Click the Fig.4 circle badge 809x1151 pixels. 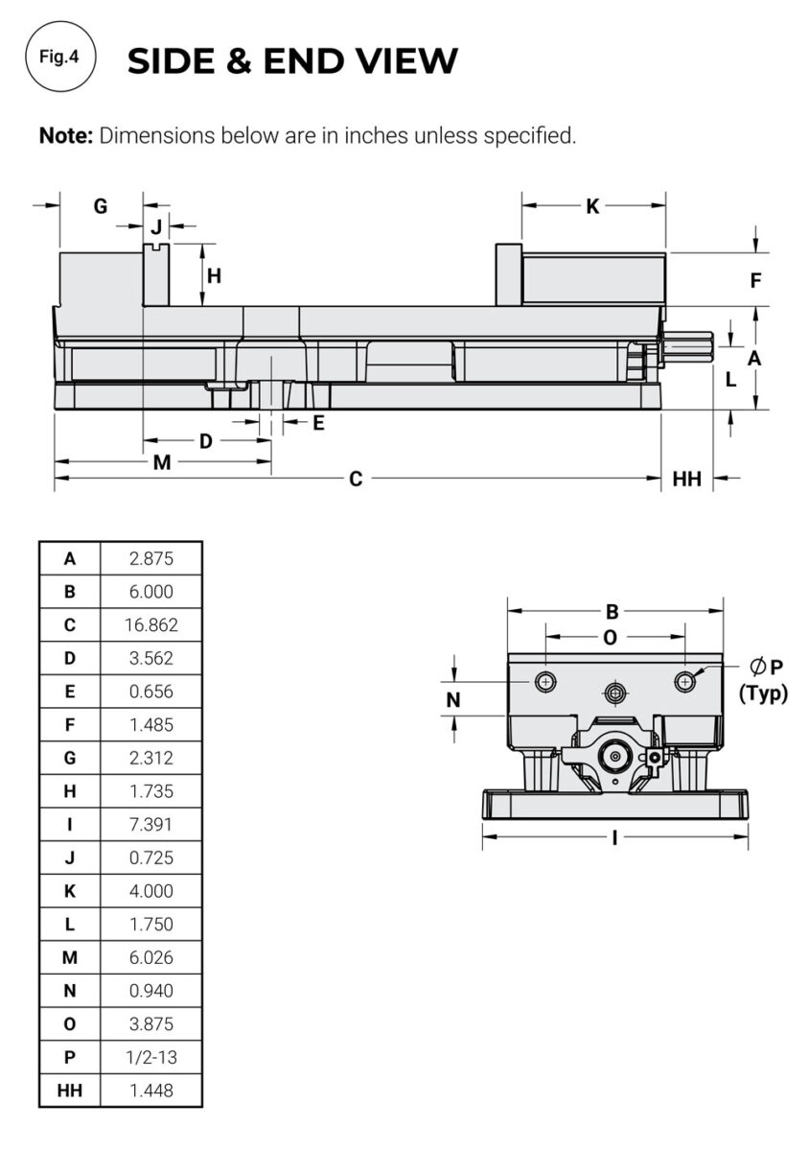click(59, 58)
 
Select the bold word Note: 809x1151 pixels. click(65, 135)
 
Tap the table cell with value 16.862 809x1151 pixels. click(150, 624)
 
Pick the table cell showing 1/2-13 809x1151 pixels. click(150, 1057)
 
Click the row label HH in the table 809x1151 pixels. click(69, 1091)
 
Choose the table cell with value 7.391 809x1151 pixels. click(150, 824)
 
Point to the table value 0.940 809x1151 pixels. click(150, 991)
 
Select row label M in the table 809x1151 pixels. click(69, 957)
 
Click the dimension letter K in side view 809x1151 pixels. click(592, 206)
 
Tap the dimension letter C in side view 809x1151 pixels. click(355, 479)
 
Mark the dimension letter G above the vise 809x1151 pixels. click(100, 206)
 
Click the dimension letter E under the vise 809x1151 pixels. click(318, 422)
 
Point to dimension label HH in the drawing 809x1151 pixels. click(686, 479)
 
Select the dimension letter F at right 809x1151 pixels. click(755, 281)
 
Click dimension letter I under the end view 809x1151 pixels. click(613, 837)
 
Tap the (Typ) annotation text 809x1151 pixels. click(763, 693)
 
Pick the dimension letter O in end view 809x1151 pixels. click(611, 638)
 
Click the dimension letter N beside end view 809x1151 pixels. click(453, 700)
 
